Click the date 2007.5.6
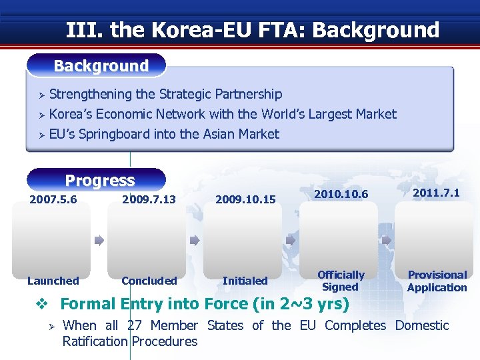pyautogui.click(x=53, y=199)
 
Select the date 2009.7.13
pyautogui.click(x=149, y=199)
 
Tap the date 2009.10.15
pyautogui.click(x=245, y=199)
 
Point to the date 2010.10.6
pyautogui.click(x=341, y=194)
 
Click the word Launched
pyautogui.click(x=53, y=281)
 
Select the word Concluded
pyautogui.click(x=149, y=281)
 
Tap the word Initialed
pyautogui.click(x=245, y=281)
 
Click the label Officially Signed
pyautogui.click(x=341, y=281)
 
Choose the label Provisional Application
pyautogui.click(x=437, y=281)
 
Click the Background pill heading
pyautogui.click(x=101, y=66)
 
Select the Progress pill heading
pyautogui.click(x=99, y=181)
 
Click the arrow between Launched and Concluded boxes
pyautogui.click(x=99, y=241)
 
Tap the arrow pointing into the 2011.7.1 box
pyautogui.click(x=387, y=241)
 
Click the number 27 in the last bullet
pyautogui.click(x=133, y=325)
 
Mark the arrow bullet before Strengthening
pyautogui.click(x=40, y=95)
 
